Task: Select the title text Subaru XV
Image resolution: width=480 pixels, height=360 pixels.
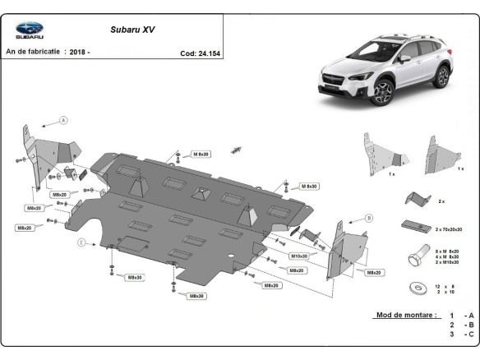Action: click(x=133, y=29)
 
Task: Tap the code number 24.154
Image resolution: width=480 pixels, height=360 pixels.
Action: click(x=208, y=53)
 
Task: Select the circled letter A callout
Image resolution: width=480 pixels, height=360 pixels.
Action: click(x=62, y=120)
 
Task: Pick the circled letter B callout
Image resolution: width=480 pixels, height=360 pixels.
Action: click(x=369, y=219)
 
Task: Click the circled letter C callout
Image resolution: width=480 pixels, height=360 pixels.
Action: click(x=81, y=242)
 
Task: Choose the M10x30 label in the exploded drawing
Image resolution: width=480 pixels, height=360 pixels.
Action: click(x=298, y=256)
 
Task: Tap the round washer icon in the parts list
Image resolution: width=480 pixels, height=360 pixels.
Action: click(x=413, y=288)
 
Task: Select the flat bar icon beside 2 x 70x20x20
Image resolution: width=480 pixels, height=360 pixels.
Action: click(x=415, y=226)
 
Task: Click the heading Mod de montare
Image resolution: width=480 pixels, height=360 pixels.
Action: click(x=405, y=315)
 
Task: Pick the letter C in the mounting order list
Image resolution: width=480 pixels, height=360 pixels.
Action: click(x=469, y=335)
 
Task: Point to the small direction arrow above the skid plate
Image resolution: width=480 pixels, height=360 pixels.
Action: click(x=236, y=149)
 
